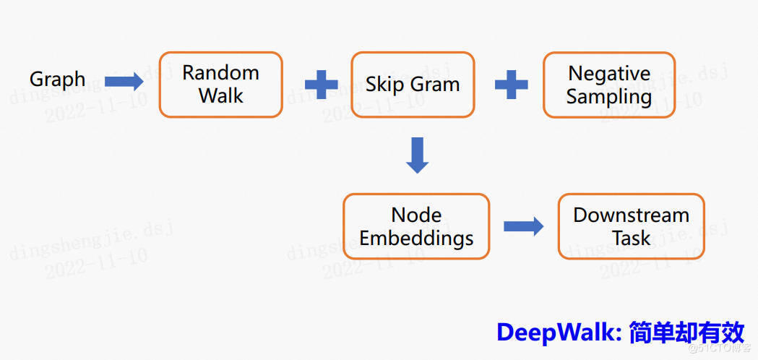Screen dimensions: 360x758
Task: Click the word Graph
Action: (57, 80)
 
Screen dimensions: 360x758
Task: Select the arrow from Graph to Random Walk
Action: (124, 81)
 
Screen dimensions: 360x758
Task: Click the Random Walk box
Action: (220, 84)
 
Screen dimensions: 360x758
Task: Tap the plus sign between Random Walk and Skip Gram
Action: (321, 85)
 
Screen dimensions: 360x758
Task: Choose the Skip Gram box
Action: (413, 84)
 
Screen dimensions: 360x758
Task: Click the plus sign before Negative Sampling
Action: (511, 85)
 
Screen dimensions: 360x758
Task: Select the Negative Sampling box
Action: (608, 85)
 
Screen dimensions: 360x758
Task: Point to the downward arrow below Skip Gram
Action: (417, 155)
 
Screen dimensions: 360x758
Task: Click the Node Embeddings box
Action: (416, 226)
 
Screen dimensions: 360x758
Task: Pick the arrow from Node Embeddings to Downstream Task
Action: (523, 226)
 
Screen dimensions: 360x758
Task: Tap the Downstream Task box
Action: (631, 226)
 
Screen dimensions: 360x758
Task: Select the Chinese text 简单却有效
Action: (686, 333)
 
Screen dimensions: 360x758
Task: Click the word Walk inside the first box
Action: (220, 95)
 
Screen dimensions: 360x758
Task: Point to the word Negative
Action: (609, 74)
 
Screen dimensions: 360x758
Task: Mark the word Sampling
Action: (608, 97)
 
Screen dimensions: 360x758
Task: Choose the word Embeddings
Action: (416, 239)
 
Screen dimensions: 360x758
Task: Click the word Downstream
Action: (631, 215)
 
